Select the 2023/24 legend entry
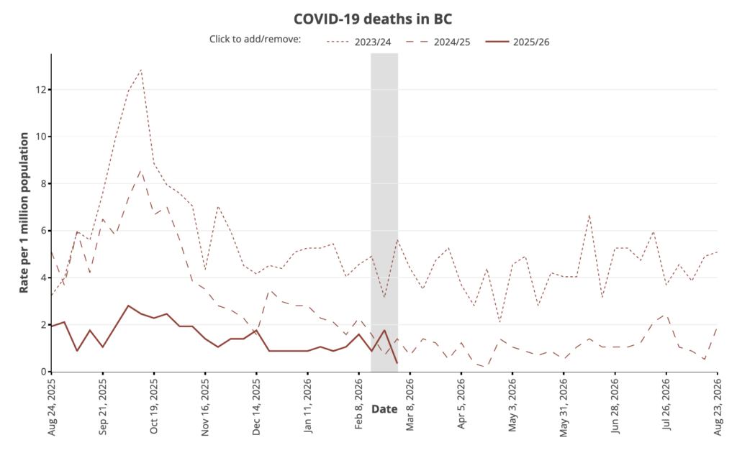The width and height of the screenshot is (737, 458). (x=372, y=41)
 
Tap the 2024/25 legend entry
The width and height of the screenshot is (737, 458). (x=452, y=41)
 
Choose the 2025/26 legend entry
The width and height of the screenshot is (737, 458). (x=532, y=41)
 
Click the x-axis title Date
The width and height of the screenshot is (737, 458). (x=384, y=409)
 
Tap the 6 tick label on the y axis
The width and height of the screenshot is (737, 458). (x=42, y=231)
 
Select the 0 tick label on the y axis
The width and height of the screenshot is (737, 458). (x=42, y=372)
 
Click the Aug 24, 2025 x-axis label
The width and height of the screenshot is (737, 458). (x=52, y=407)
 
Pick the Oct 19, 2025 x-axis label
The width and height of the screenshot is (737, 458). (x=154, y=407)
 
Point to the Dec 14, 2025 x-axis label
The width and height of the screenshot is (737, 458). (x=257, y=407)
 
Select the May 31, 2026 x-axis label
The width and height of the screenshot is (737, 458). (x=564, y=407)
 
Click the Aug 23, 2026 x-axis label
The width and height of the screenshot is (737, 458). (x=718, y=407)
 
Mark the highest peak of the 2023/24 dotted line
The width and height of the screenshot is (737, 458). (x=141, y=70)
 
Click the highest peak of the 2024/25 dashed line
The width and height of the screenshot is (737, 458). (x=141, y=170)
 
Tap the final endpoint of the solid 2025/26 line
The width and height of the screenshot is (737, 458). (x=397, y=363)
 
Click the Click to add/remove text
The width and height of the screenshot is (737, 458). (x=255, y=38)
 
